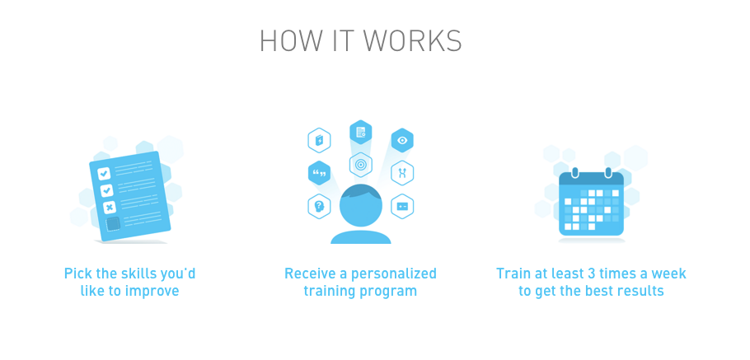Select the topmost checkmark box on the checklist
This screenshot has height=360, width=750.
coord(104,173)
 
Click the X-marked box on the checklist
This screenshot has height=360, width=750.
coord(109,206)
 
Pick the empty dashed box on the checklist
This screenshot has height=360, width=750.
coord(113,223)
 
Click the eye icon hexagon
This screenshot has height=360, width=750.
coord(402,141)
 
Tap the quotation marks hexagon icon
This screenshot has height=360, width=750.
coord(319,173)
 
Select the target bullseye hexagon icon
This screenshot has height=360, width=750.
coord(360,165)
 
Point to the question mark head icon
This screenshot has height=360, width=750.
coord(319,206)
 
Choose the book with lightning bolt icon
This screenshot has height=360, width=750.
coord(319,141)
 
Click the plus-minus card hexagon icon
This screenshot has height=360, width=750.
coord(402,206)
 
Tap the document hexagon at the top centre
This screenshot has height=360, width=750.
coord(360,132)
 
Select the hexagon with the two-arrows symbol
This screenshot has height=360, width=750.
coord(402,173)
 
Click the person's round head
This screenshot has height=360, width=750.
coord(361,206)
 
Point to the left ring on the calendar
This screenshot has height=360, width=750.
coord(575,173)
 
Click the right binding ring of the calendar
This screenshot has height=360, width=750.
coord(607,173)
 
